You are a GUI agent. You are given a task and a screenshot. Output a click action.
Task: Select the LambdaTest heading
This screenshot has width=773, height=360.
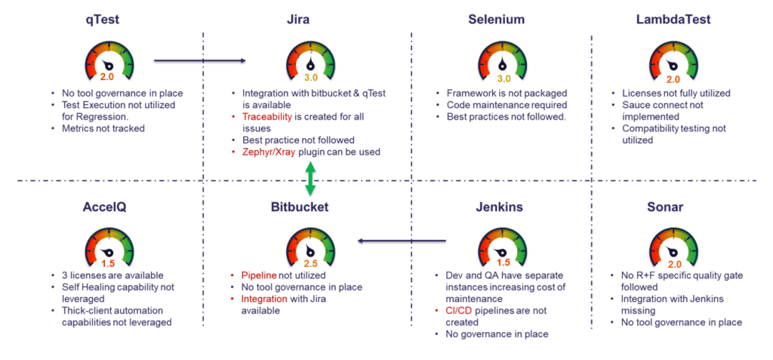673,20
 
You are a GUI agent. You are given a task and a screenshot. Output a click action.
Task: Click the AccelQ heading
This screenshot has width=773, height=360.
104,208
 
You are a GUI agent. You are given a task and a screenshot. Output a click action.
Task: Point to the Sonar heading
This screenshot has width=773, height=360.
665,208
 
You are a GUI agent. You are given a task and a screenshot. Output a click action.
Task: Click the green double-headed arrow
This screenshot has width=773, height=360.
310,179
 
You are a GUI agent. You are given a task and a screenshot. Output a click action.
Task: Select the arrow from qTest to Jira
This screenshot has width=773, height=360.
199,60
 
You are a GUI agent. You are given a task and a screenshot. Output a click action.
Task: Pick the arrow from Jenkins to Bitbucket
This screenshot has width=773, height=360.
402,242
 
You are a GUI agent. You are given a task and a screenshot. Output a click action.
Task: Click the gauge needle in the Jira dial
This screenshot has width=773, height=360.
310,63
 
